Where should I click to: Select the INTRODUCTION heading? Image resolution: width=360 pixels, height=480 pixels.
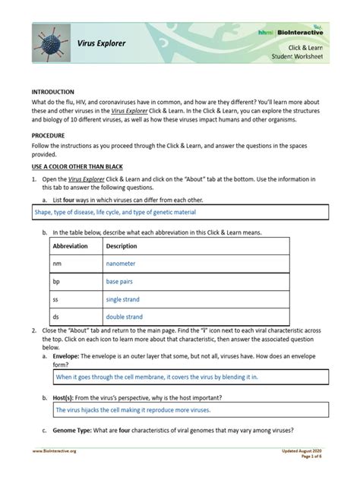(x=52, y=91)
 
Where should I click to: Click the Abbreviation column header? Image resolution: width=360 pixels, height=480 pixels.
(x=70, y=246)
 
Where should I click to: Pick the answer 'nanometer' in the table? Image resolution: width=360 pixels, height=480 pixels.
(x=121, y=264)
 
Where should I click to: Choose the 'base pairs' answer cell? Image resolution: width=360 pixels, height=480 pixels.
(x=119, y=282)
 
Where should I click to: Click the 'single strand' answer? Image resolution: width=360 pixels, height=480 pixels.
(x=124, y=299)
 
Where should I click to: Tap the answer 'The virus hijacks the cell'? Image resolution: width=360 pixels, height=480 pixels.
(x=133, y=409)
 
